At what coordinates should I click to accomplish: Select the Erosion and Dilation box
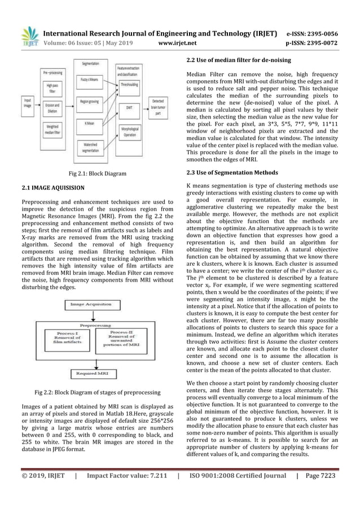tap(51, 109)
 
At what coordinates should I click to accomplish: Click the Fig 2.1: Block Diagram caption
tap(94, 174)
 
